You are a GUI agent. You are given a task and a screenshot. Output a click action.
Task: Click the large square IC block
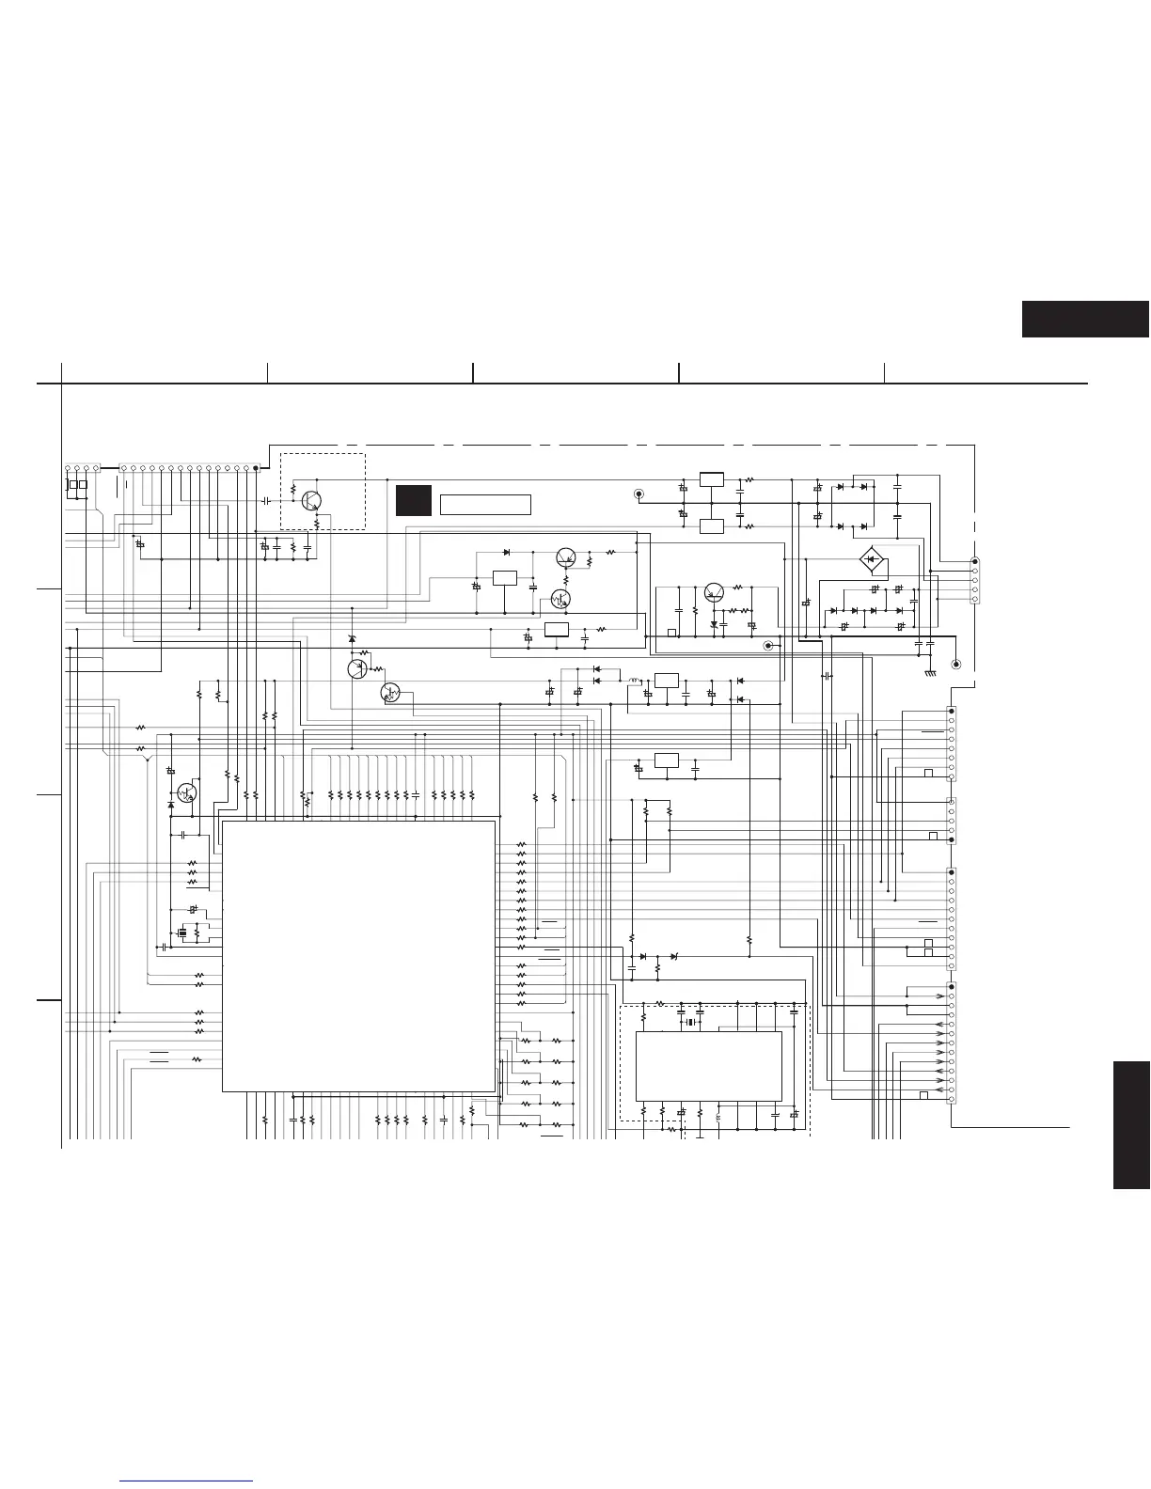(x=358, y=955)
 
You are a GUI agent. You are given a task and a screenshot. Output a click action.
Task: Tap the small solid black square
(x=413, y=500)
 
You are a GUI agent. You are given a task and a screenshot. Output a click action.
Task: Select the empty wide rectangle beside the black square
(x=485, y=505)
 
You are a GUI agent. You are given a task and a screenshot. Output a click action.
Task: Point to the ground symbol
(x=929, y=671)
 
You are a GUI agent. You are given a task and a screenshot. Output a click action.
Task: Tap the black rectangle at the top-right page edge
(x=1085, y=319)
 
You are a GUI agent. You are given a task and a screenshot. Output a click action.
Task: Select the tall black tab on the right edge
(x=1131, y=1125)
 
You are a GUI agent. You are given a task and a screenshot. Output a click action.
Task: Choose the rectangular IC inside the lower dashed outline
(x=708, y=1065)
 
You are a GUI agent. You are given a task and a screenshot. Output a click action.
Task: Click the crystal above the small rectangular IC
(x=690, y=1022)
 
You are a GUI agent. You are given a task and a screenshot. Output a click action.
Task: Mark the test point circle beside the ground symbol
(x=956, y=665)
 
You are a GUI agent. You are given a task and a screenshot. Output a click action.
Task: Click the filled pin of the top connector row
(x=255, y=467)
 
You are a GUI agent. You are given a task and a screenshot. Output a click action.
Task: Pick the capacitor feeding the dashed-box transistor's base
(x=266, y=501)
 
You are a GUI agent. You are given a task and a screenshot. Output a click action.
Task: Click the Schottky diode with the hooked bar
(x=715, y=624)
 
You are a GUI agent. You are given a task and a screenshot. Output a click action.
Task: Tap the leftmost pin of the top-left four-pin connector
(x=68, y=467)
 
